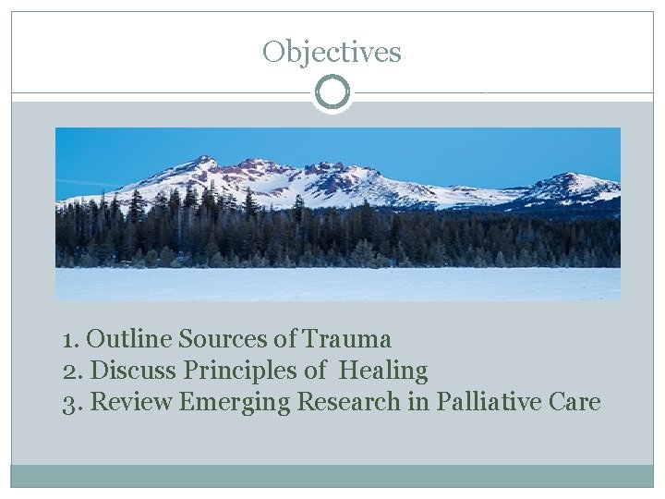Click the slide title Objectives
click(x=332, y=52)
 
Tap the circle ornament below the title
click(x=332, y=93)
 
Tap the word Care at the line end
click(x=574, y=403)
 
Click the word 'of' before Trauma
click(x=286, y=340)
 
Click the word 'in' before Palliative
click(x=422, y=403)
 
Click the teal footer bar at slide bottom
click(x=332, y=476)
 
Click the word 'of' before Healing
click(x=316, y=371)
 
